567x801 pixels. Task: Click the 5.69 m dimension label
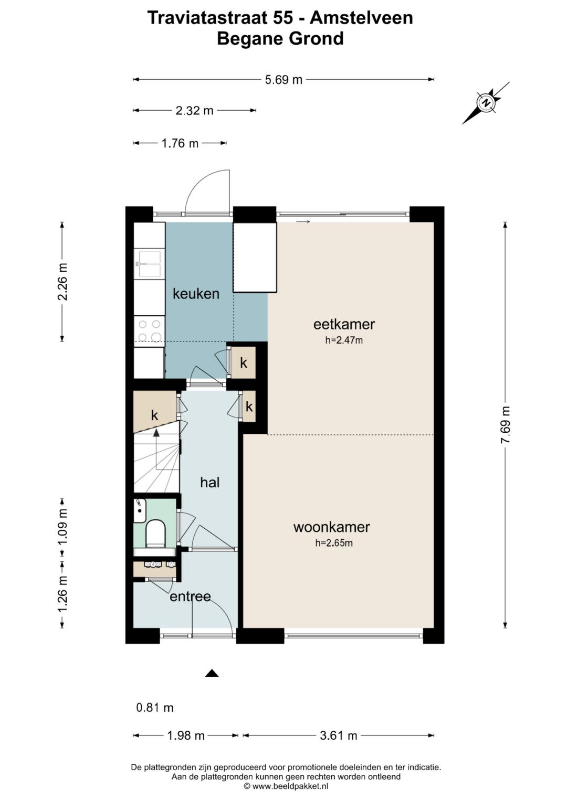283,79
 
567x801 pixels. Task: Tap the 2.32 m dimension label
194,111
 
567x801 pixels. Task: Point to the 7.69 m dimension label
505,425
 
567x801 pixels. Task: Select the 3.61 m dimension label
338,735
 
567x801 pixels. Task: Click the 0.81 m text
155,708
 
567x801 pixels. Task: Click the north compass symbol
486,103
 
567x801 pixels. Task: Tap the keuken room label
196,294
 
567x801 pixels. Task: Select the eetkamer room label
344,324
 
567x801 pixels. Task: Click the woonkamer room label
331,527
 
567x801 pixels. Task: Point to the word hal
210,483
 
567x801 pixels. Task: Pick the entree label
190,596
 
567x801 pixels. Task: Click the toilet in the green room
156,532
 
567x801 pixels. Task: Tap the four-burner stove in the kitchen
150,331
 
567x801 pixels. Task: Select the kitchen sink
150,264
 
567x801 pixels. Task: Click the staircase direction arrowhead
156,433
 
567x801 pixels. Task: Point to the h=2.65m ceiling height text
333,543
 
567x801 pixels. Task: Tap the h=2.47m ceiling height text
344,340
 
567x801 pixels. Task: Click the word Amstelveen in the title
361,17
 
